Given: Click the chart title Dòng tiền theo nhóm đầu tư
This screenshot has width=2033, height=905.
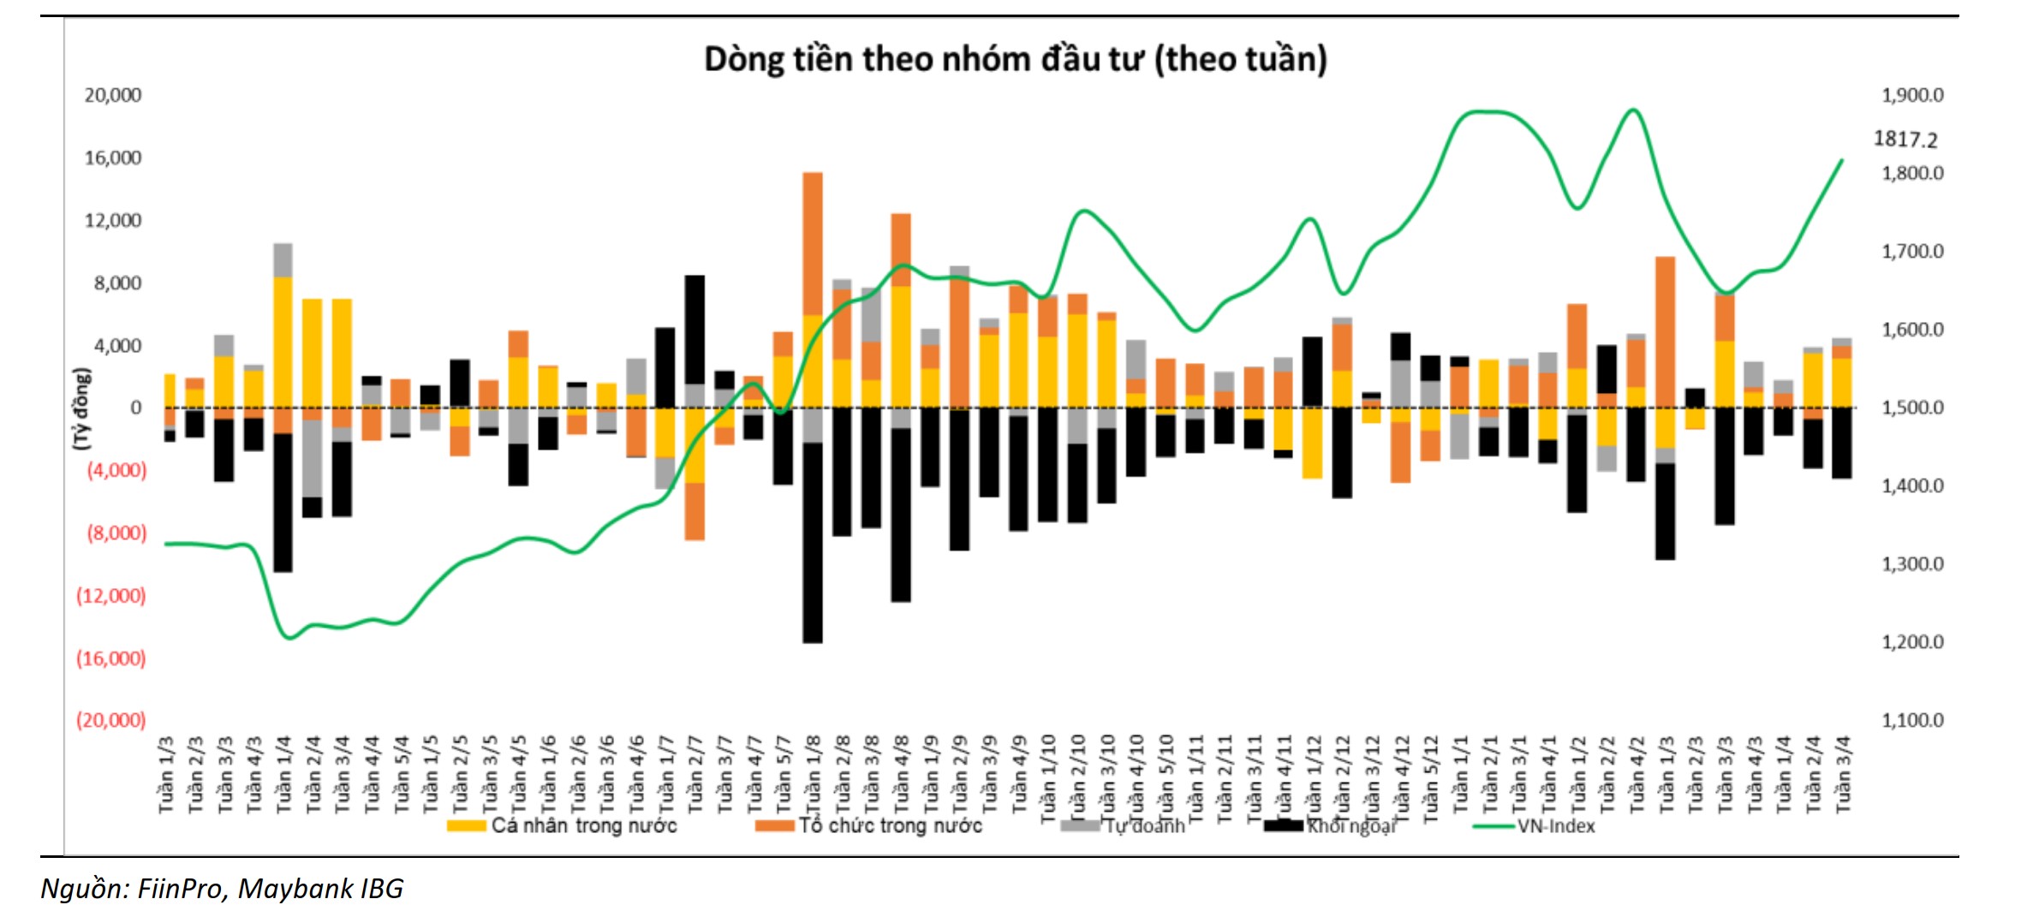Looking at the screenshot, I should pos(1015,60).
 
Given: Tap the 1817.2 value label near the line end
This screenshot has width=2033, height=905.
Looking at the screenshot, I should pos(1905,139).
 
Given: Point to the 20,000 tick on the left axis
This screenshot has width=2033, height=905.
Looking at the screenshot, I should pos(112,95).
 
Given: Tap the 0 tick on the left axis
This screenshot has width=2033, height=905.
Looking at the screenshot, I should pos(135,408).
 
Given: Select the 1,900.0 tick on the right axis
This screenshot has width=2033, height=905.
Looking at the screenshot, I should pos(1911,95).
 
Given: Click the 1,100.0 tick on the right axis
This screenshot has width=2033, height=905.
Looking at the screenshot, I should pos(1911,720).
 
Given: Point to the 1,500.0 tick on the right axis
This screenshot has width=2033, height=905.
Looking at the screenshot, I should pos(1911,408).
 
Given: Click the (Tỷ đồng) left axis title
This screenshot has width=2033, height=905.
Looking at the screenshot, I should pos(81,408).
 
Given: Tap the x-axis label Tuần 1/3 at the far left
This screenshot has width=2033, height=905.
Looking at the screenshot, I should pos(167,775).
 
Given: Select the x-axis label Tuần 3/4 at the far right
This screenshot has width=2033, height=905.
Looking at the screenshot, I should pos(1843,775).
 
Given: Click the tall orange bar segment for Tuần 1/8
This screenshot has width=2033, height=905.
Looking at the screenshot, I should pos(813,244).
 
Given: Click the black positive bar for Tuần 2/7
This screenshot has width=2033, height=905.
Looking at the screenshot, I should pos(695,330).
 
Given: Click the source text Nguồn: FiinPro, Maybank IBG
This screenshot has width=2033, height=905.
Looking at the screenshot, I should pos(222,888).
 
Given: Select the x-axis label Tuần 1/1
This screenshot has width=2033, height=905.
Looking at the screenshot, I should pos(1459,775).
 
